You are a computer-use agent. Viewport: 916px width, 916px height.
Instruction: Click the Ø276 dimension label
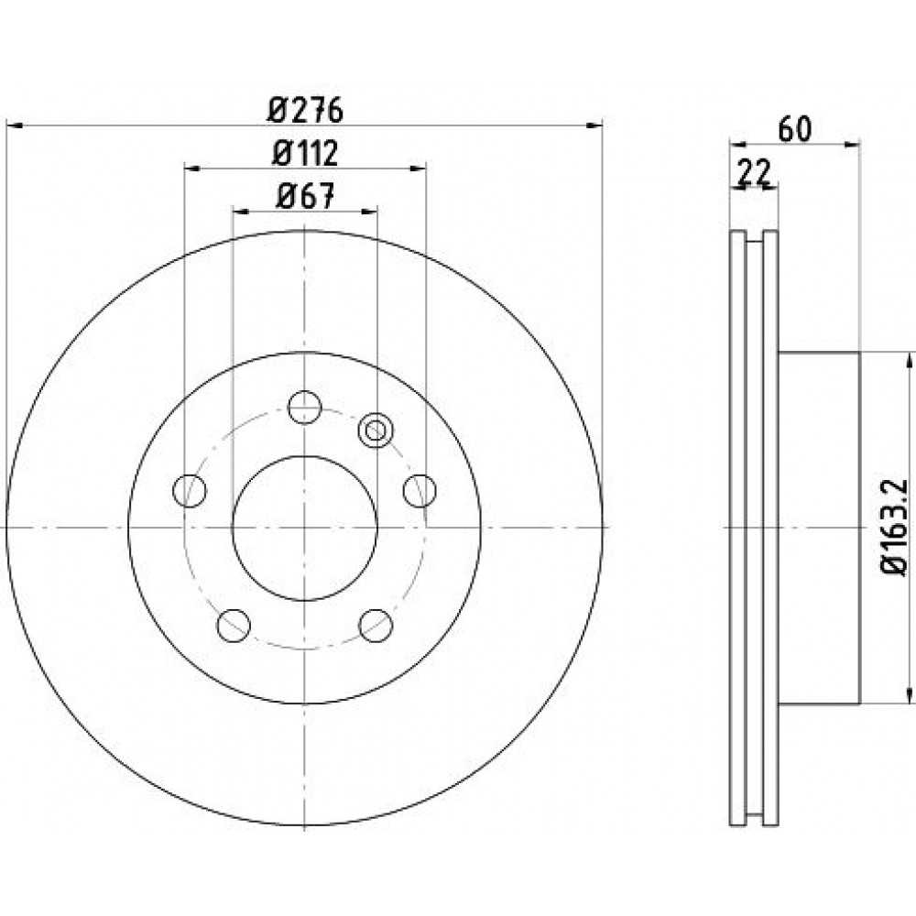click(x=305, y=110)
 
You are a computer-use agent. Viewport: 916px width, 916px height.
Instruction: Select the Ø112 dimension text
click(x=305, y=154)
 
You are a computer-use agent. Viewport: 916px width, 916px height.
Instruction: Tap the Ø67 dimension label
click(x=305, y=196)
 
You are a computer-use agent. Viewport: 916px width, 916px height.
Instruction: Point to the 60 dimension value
click(x=795, y=130)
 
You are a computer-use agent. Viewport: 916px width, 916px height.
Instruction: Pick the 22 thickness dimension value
click(x=754, y=172)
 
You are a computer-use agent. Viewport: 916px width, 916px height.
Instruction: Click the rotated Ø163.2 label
click(x=894, y=528)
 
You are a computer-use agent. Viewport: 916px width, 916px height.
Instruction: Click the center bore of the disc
click(x=304, y=529)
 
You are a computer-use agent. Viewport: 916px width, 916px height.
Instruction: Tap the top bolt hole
click(x=305, y=408)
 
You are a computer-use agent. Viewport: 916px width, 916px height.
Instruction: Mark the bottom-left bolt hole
click(x=234, y=625)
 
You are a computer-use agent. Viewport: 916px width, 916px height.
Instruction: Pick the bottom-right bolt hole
click(x=376, y=625)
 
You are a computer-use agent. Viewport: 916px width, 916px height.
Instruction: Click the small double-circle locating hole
click(x=376, y=431)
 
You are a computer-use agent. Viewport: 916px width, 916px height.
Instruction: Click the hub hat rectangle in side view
click(x=819, y=529)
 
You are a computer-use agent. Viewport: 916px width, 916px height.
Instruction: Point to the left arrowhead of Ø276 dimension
click(x=14, y=125)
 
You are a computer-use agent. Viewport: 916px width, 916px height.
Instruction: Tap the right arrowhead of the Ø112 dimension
click(x=418, y=169)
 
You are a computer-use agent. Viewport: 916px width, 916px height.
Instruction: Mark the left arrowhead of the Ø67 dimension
click(x=241, y=211)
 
